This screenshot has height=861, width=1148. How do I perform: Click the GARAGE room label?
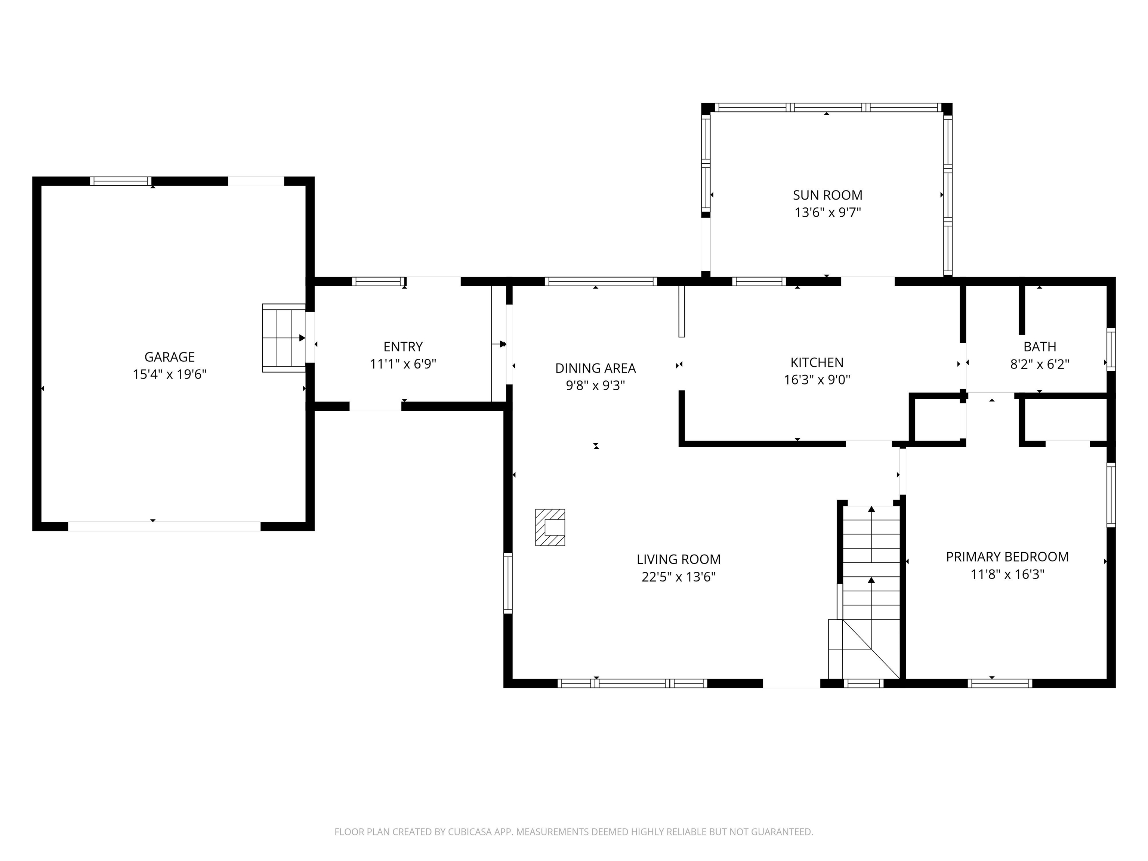pos(169,357)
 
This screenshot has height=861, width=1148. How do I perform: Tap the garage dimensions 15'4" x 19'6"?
pos(169,374)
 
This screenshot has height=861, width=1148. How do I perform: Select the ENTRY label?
pos(403,347)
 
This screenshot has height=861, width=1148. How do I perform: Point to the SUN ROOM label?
pos(827,195)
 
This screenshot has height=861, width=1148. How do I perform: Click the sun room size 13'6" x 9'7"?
pos(827,212)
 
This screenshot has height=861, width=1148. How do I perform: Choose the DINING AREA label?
pos(595,368)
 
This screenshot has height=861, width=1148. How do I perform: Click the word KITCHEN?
pos(817,362)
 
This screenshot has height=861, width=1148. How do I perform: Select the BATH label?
pos(1040,347)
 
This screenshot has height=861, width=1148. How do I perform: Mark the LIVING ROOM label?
pos(678,559)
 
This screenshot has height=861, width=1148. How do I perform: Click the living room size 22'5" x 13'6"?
pos(678,577)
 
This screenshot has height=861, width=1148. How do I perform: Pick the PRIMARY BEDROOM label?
pos(1007,557)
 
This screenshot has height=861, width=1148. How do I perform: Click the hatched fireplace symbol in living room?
pos(550,527)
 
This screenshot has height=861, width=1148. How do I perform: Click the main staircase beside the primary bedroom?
pos(870,581)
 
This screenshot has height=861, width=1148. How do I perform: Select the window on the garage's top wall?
pos(120,181)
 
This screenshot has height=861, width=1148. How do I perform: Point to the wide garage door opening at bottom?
pos(164,526)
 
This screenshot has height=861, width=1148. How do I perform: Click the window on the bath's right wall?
pos(1111,349)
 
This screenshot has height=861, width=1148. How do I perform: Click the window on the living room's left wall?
pos(508,583)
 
